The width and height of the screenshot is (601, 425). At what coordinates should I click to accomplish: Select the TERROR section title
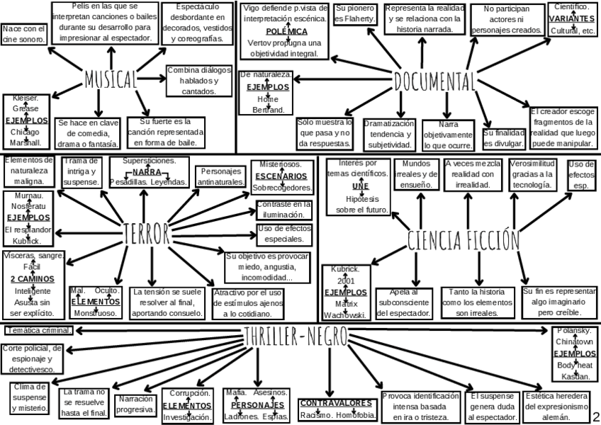click(146, 232)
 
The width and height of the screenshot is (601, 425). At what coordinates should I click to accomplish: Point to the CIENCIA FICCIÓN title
click(462, 240)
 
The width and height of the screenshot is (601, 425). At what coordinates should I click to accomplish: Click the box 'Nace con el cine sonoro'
click(24, 33)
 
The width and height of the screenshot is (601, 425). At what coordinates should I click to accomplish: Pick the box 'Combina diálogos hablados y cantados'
click(199, 81)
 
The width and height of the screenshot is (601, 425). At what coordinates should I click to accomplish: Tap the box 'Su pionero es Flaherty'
click(354, 14)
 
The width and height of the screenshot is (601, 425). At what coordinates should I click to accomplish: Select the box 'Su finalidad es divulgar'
click(505, 137)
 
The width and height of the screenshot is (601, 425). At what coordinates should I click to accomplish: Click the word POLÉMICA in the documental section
click(286, 32)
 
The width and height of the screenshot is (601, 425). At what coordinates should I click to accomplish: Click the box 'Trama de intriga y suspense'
click(82, 171)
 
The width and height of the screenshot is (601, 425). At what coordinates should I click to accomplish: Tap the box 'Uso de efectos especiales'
click(283, 233)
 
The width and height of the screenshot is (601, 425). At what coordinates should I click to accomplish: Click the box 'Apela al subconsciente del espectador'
click(403, 302)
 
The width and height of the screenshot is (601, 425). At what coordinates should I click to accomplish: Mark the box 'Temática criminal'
click(38, 330)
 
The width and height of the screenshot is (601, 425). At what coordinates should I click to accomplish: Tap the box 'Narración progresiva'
click(135, 404)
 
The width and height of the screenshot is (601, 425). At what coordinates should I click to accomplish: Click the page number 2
click(595, 415)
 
